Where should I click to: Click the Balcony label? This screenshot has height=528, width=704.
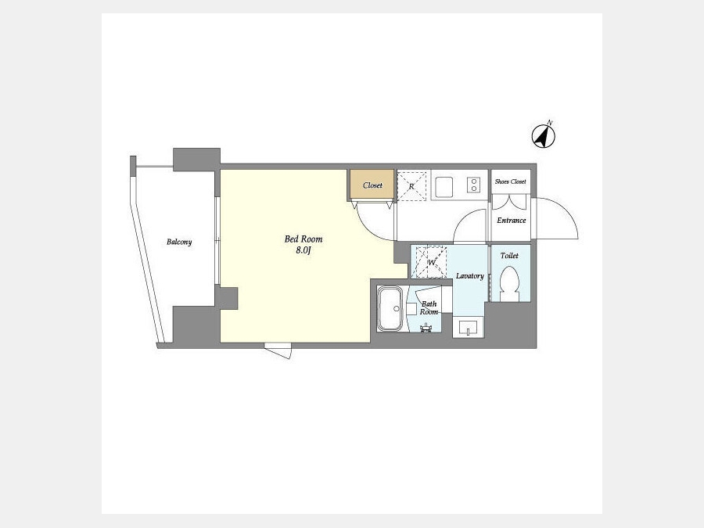pos(179,242)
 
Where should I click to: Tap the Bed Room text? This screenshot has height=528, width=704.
pos(304,239)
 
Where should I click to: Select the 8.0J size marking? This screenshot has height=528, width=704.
pos(304,250)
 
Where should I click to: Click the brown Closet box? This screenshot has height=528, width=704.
pos(372,185)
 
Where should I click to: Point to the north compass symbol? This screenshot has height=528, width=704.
pos(544,136)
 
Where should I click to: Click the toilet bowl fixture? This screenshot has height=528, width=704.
pos(509,284)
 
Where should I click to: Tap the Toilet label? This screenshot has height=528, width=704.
pos(509,256)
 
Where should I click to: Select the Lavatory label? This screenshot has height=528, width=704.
pos(470,275)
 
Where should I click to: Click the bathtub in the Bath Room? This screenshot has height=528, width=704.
pos(391,309)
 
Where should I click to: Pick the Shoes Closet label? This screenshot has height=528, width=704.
pos(511,181)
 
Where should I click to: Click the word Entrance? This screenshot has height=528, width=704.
pos(512,221)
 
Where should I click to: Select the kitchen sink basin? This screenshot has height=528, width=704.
pos(444,186)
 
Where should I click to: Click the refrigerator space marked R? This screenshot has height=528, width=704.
pos(411,185)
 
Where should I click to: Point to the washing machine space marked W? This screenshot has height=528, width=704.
pos(432,262)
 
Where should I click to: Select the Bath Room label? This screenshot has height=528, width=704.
pos(429,308)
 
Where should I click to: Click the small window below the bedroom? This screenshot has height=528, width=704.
pos(278,350)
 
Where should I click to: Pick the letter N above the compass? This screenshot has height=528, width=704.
pos(550,123)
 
